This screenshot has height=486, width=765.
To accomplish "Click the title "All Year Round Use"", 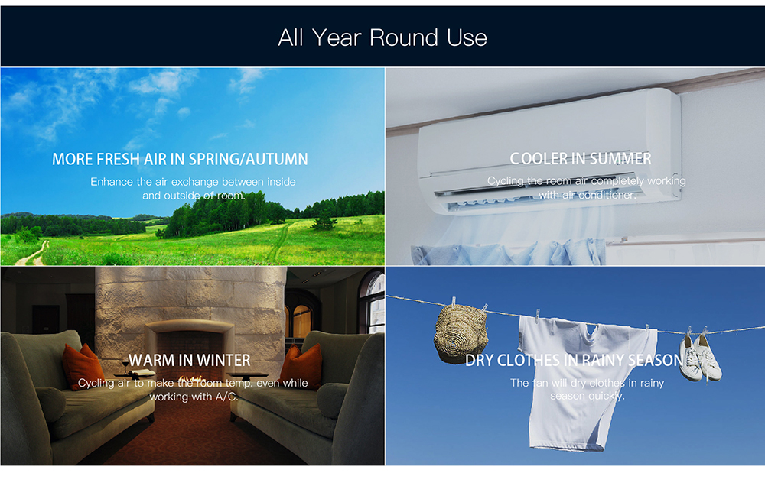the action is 382,37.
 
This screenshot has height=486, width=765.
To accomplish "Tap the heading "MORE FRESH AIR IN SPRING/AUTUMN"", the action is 180,159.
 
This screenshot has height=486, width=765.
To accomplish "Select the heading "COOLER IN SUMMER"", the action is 581,158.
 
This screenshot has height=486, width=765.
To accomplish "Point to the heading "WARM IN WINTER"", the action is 189,360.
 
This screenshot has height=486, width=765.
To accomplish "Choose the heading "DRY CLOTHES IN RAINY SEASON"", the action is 575,360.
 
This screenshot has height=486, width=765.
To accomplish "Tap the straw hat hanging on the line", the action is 461,334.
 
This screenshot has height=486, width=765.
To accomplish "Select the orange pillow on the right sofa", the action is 301,365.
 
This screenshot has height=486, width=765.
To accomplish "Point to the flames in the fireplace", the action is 191,379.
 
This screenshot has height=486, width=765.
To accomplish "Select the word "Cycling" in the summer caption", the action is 506,181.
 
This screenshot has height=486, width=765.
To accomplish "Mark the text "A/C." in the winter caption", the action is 227,397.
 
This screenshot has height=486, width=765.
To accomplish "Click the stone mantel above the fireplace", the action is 190,326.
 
